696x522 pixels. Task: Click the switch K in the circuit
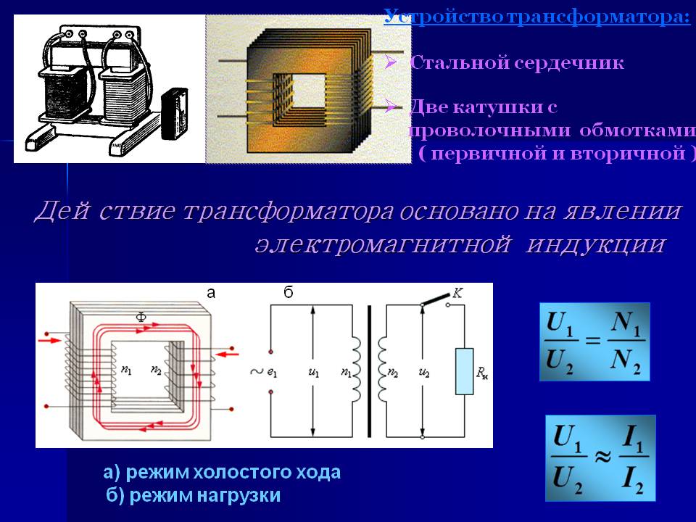[436, 299]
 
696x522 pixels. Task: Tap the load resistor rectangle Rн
[464, 371]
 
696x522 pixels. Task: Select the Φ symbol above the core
[141, 317]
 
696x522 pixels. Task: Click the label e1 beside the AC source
[272, 373]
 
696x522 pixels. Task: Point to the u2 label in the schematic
[424, 373]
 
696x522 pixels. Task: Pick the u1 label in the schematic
[313, 373]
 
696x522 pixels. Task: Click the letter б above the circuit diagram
[289, 292]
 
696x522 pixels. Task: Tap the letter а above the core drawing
[211, 293]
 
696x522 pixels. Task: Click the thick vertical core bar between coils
[369, 371]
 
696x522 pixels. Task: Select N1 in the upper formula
[625, 323]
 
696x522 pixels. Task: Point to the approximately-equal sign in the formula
[602, 456]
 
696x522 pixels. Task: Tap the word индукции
[595, 244]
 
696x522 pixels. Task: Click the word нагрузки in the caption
[239, 495]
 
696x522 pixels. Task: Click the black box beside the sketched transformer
[173, 114]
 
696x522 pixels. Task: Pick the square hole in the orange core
[308, 91]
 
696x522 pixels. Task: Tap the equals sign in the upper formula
[593, 341]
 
